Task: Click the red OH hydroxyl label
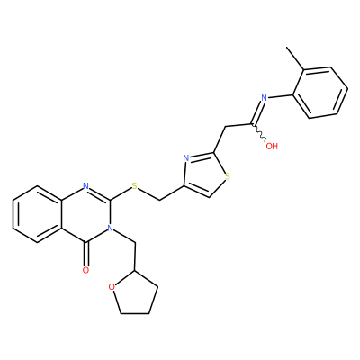[272, 147]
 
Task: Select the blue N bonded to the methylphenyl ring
[264, 97]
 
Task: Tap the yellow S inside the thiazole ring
[228, 176]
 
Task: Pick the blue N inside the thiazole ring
[185, 158]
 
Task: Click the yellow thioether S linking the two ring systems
[135, 187]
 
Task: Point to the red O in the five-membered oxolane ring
[112, 287]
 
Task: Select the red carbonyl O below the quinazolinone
[85, 270]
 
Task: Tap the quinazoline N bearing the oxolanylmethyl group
[111, 229]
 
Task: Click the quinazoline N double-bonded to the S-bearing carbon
[85, 186]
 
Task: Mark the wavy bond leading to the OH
[259, 133]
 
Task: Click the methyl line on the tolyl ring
[295, 58]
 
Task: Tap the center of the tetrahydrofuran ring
[134, 295]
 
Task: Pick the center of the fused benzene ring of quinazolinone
[37, 214]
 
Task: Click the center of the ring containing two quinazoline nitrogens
[85, 214]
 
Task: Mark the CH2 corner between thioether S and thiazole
[159, 200]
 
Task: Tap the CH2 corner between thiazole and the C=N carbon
[226, 127]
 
